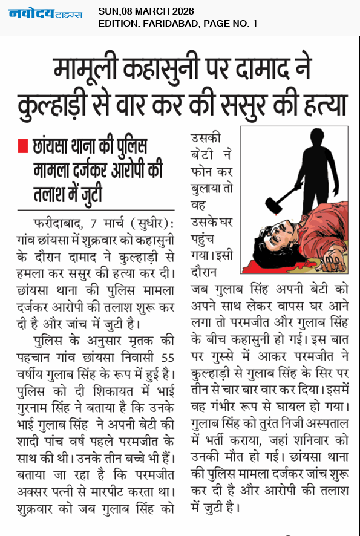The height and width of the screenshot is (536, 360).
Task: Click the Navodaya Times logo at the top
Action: (45, 13)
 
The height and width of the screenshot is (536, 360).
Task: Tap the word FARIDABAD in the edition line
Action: (168, 24)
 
